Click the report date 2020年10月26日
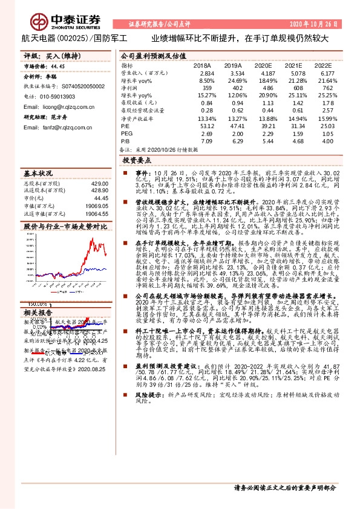[x=325, y=24]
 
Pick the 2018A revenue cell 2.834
[x=206, y=72]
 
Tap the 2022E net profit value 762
[x=327, y=88]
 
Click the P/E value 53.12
[x=206, y=126]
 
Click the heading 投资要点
[x=137, y=161]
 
